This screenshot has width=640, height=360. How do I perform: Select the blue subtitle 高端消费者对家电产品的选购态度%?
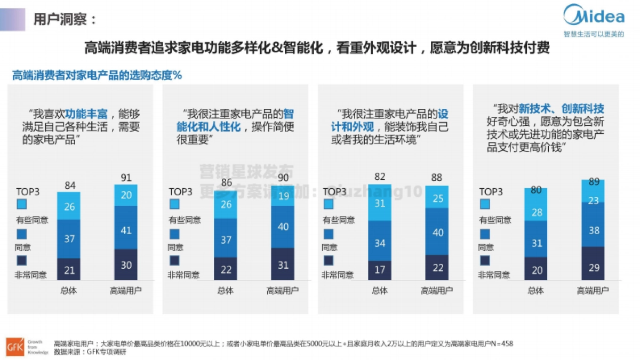click(97, 75)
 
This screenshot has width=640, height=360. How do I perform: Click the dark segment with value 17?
click(379, 270)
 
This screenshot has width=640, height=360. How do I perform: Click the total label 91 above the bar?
click(126, 177)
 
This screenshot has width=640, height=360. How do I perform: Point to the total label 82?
click(379, 177)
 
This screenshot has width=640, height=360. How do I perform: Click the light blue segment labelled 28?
click(536, 212)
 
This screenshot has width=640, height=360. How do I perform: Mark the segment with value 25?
click(437, 198)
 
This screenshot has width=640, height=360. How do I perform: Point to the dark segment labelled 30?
click(126, 265)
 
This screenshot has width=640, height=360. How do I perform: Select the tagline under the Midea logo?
click(594, 34)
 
